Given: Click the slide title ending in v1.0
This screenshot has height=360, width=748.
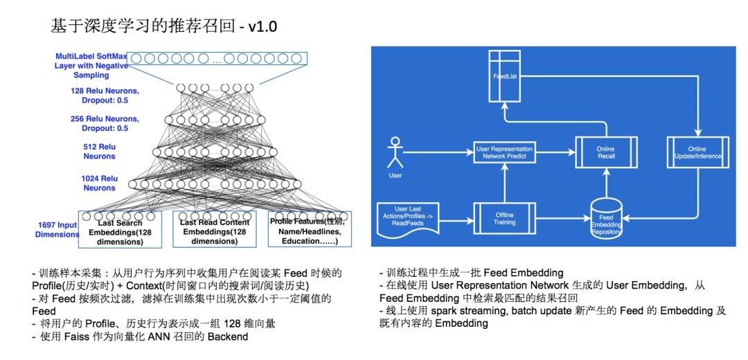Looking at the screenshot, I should [x=164, y=27].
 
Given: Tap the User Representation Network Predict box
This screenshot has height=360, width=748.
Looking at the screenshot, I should [x=504, y=153].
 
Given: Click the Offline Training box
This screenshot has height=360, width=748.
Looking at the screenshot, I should [x=504, y=218].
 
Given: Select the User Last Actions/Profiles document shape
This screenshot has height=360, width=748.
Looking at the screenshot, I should [x=407, y=217].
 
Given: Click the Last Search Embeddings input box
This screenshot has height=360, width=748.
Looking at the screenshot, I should [x=121, y=231].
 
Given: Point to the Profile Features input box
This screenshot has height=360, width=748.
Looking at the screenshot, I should [x=310, y=231].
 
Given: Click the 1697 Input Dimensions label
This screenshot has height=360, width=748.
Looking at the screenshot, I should [x=57, y=230].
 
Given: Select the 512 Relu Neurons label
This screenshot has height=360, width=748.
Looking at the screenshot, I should [x=100, y=152].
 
